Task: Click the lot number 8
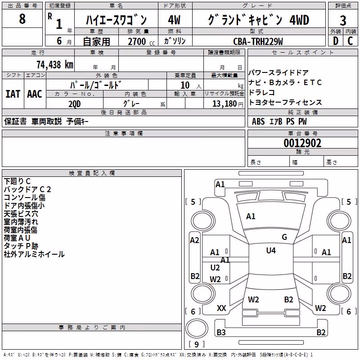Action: click(x=22, y=18)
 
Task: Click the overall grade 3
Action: click(x=343, y=21)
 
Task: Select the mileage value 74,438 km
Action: click(x=55, y=65)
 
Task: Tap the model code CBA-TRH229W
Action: click(x=258, y=41)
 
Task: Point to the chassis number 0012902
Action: click(x=302, y=143)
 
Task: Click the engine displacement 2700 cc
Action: click(x=141, y=41)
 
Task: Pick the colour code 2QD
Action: click(x=75, y=104)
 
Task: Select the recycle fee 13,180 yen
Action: click(x=228, y=104)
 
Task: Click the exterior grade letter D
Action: click(x=336, y=41)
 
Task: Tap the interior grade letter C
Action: click(x=350, y=41)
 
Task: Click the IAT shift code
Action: click(x=13, y=94)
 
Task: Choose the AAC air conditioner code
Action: click(x=35, y=94)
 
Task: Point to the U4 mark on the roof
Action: click(x=271, y=250)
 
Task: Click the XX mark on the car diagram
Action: click(x=221, y=308)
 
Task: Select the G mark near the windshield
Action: click(x=284, y=237)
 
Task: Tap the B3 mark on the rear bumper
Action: click(x=221, y=332)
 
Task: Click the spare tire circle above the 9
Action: click(x=197, y=329)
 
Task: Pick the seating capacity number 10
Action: click(x=185, y=85)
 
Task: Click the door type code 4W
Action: click(x=174, y=20)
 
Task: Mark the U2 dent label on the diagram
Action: click(x=215, y=268)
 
